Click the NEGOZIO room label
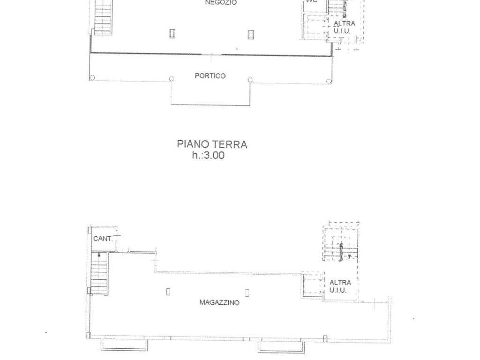(221, 2)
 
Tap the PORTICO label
(210, 75)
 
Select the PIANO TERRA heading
(212, 144)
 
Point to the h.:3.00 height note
(208, 155)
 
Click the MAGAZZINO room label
(219, 302)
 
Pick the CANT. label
(103, 239)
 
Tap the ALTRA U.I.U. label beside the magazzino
(340, 286)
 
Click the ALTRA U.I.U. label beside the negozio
(344, 27)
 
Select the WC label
(312, 1)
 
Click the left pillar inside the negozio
(172, 33)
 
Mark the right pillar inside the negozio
(251, 35)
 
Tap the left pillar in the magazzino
(168, 292)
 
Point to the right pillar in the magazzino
(247, 293)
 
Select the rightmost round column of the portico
(329, 81)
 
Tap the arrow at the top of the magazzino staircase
(99, 255)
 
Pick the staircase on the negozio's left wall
(103, 18)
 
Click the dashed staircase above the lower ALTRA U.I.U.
(341, 244)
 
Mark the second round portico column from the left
(172, 79)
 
